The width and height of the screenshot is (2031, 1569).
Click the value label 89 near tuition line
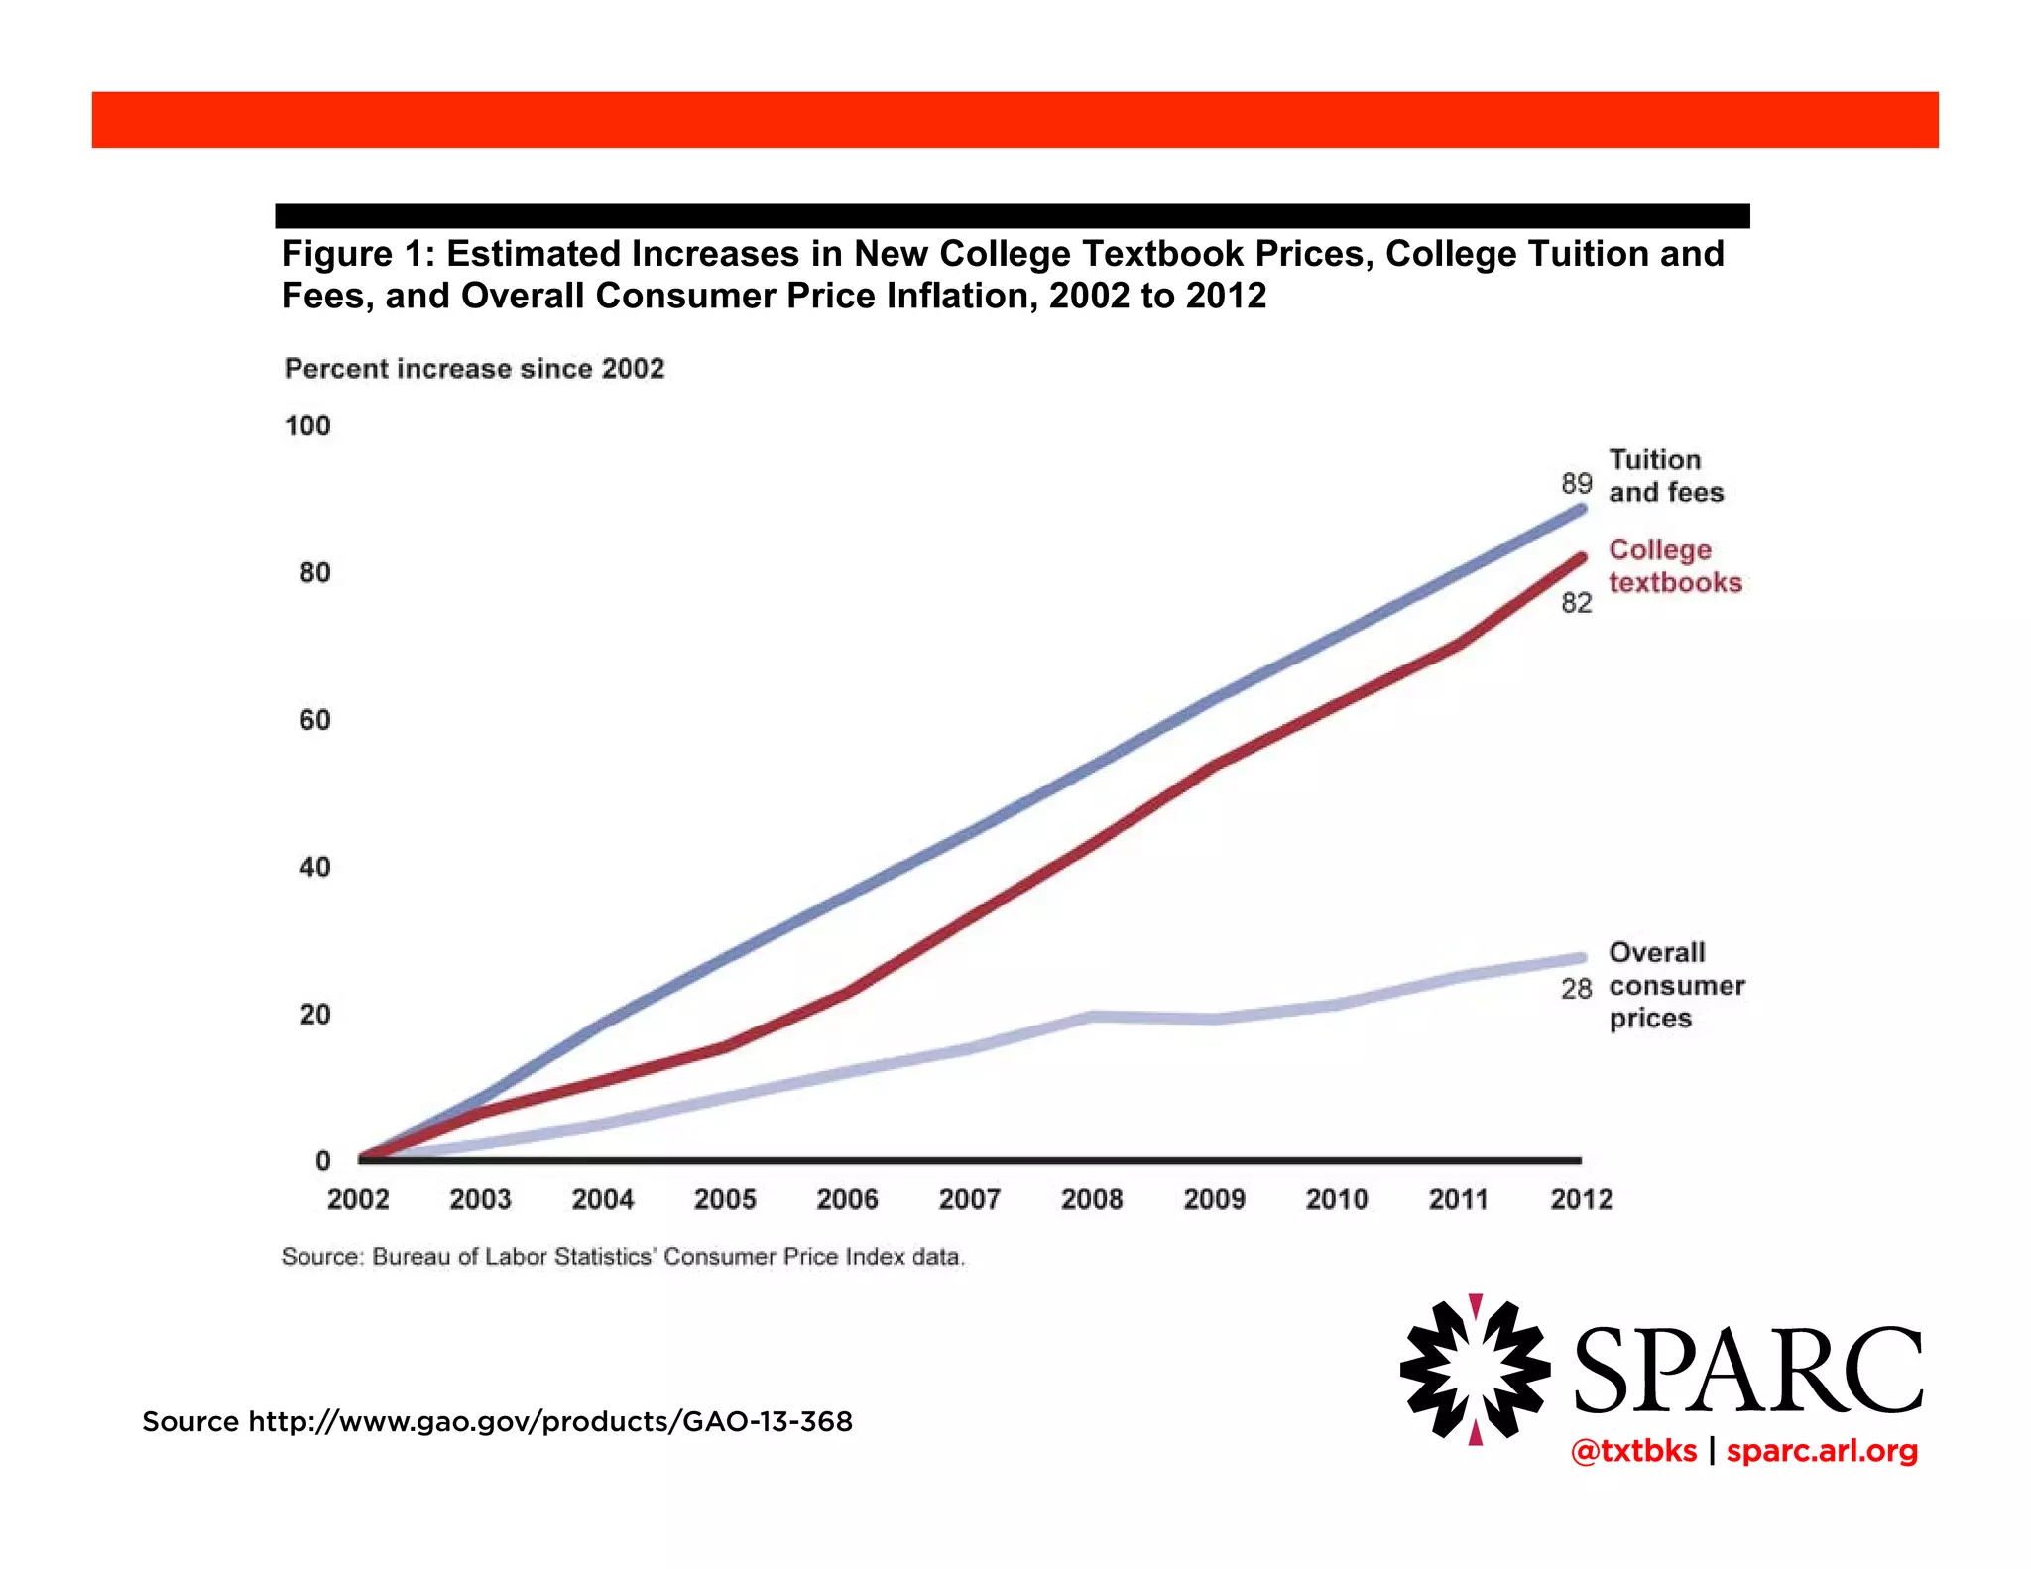pos(1576,484)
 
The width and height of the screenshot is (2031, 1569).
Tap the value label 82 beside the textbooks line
pos(1576,603)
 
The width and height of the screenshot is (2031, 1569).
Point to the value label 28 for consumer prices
pos(1576,989)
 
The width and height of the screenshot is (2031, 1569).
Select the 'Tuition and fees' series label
pos(1665,476)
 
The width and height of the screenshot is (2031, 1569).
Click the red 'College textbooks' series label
pos(1674,566)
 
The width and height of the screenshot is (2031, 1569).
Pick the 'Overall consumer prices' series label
pos(1676,985)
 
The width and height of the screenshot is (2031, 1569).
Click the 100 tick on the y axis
pos(307,426)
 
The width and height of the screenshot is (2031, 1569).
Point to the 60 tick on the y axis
pos(314,720)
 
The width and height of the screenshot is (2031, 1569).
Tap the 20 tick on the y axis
pos(314,1015)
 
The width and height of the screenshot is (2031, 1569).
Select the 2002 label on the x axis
pos(358,1200)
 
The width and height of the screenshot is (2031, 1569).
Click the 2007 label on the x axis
pos(969,1200)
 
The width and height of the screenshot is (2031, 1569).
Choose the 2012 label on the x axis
pos(1581,1200)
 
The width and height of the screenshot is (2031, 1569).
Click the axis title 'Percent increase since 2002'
pos(474,369)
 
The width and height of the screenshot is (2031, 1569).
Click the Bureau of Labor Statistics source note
pos(623,1257)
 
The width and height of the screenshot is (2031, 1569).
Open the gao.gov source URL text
pos(549,1422)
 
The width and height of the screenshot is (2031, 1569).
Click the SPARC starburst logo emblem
pos(1475,1369)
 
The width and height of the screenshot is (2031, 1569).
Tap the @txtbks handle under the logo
pos(1633,1451)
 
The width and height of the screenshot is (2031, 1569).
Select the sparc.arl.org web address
pos(1822,1451)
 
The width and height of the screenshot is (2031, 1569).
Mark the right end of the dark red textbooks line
pos(1581,558)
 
